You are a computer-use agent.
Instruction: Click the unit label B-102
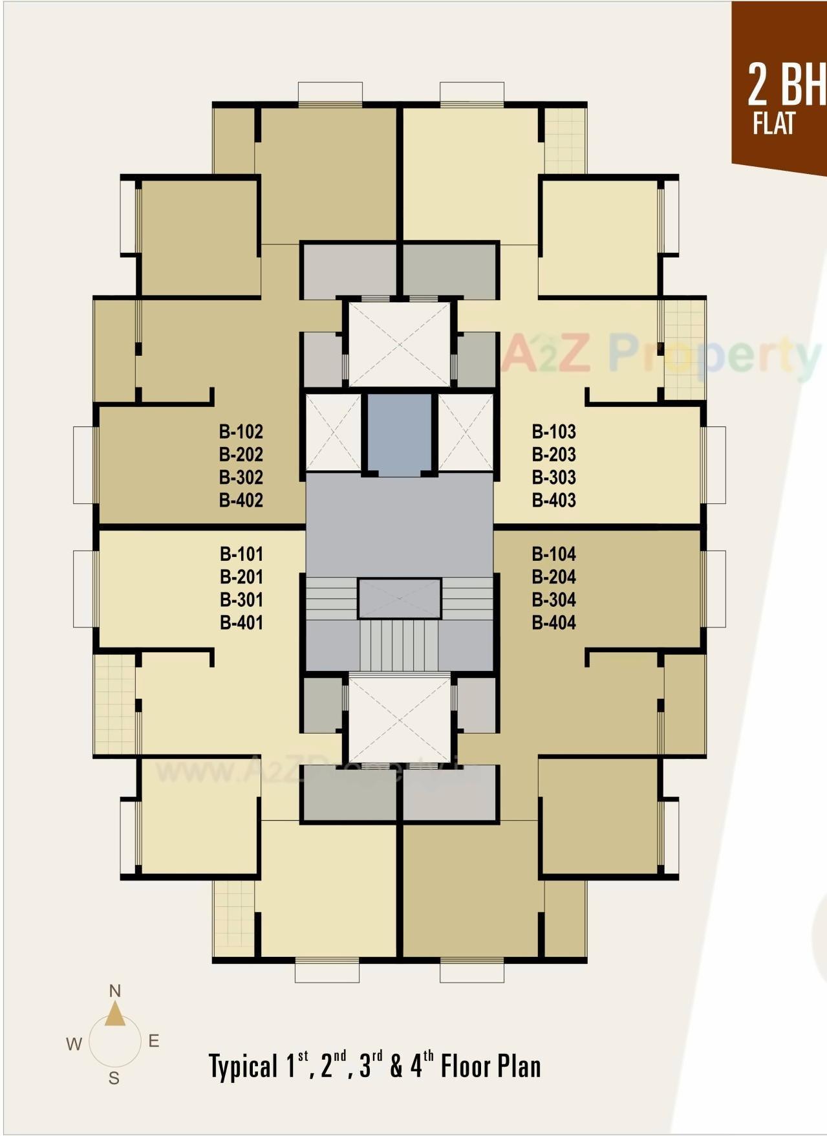pyautogui.click(x=241, y=431)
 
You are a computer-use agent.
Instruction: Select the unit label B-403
pyautogui.click(x=553, y=500)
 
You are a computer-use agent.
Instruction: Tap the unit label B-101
pyautogui.click(x=241, y=554)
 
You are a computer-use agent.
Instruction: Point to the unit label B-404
pyautogui.click(x=553, y=622)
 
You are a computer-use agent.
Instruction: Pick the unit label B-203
pyautogui.click(x=553, y=454)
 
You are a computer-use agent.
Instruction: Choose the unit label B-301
pyautogui.click(x=241, y=600)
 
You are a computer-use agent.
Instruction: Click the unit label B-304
pyautogui.click(x=553, y=600)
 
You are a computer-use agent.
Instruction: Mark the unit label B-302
pyautogui.click(x=241, y=477)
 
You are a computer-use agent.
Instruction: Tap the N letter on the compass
pyautogui.click(x=115, y=990)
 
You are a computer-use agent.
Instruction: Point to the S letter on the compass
pyautogui.click(x=114, y=1078)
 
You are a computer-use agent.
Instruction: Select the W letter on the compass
pyautogui.click(x=74, y=1043)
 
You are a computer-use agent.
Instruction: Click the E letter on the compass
pyautogui.click(x=154, y=1041)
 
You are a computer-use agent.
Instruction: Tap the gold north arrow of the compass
pyautogui.click(x=115, y=1014)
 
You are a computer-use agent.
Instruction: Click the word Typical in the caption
pyautogui.click(x=242, y=1066)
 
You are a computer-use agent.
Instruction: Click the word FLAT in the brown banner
pyautogui.click(x=773, y=123)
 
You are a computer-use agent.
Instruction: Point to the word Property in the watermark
pyautogui.click(x=711, y=354)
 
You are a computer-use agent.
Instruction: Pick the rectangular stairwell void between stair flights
pyautogui.click(x=400, y=598)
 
